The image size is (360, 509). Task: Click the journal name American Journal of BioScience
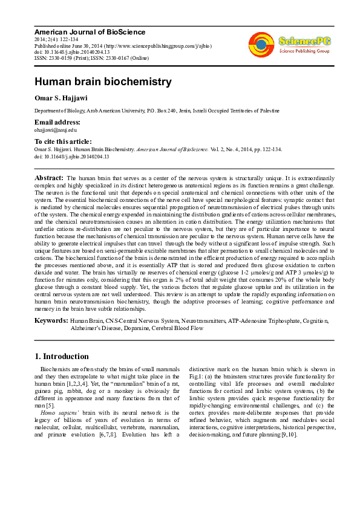click(90, 31)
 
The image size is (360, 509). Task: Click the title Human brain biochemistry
click(102, 82)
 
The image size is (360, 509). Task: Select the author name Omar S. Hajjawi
click(62, 99)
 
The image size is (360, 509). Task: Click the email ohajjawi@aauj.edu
click(56, 129)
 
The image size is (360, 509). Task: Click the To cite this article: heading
click(68, 141)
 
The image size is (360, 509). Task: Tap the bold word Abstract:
click(49, 179)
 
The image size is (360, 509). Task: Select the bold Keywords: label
click(51, 320)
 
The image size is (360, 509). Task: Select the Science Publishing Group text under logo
click(304, 51)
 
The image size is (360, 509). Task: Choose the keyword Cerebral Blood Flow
click(180, 329)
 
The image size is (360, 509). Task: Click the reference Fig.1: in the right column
click(197, 376)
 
